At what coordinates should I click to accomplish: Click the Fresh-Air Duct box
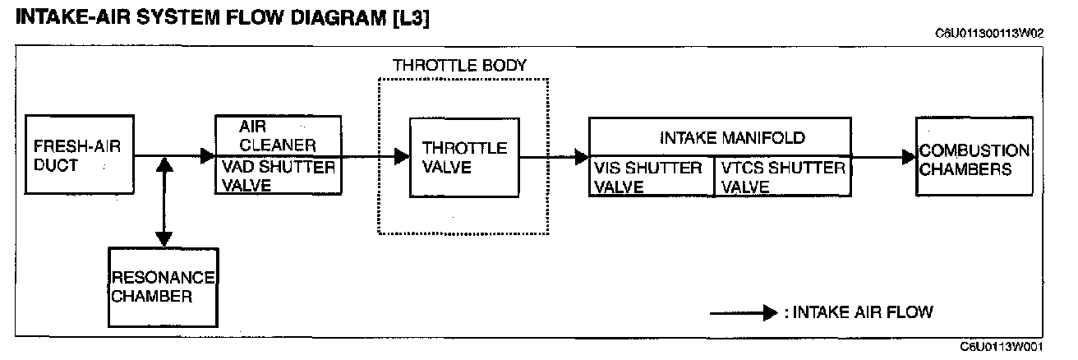[x=78, y=156]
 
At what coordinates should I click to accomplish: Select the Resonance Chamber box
[x=163, y=286]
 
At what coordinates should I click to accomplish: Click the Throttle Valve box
[x=465, y=157]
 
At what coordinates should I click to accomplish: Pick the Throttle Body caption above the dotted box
[x=459, y=65]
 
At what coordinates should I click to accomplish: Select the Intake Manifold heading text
[x=733, y=137]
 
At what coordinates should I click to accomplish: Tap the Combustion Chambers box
[x=974, y=156]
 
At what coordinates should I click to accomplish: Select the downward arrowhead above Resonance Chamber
[x=164, y=239]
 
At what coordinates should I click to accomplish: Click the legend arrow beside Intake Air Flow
[x=744, y=312]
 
